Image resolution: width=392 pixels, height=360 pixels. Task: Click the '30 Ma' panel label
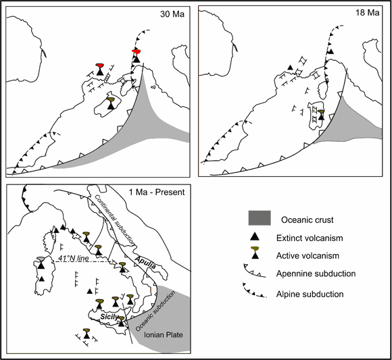coord(172,14)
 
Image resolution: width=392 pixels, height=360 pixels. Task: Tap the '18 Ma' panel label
coord(367,12)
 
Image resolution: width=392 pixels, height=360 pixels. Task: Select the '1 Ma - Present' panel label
coord(157,192)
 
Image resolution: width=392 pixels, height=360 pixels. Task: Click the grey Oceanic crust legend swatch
coord(260,218)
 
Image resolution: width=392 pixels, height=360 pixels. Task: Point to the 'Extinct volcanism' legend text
coord(310,238)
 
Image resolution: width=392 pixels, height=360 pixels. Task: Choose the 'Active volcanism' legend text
coord(308,256)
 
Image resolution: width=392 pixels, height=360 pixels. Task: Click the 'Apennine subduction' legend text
coord(316,274)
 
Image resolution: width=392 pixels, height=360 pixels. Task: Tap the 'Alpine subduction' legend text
coord(310,294)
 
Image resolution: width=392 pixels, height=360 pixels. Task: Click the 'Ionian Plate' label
coord(164,335)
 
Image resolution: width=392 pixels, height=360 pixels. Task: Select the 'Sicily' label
coord(109,317)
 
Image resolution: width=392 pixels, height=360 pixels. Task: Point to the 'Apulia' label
coord(145,263)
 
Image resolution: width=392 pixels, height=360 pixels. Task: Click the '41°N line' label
coord(74,258)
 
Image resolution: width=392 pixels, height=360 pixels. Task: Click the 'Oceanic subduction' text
coord(155,311)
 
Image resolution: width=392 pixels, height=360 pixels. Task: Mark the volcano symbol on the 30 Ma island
coord(111,103)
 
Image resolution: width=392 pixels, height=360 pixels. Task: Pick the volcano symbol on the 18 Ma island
coord(321,115)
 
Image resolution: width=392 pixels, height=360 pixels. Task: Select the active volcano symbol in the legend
coord(255,253)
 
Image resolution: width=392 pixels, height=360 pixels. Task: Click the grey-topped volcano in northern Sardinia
coord(41,262)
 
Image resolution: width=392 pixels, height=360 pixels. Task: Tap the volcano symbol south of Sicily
coord(87,334)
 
